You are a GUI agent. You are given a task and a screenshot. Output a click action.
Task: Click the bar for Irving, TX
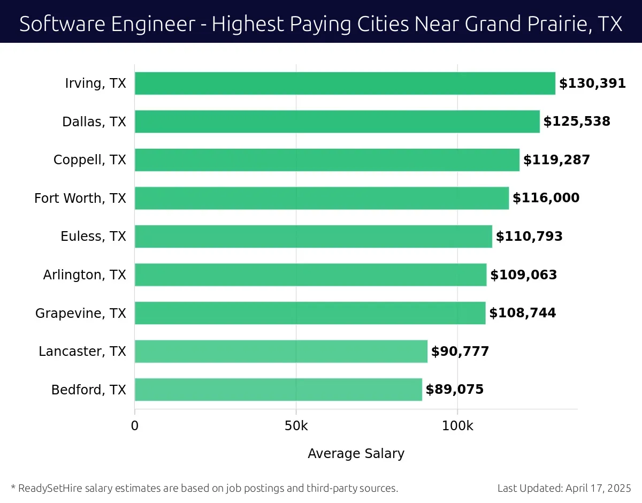[x=345, y=83]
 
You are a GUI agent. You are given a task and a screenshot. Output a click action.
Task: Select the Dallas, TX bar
[x=337, y=121]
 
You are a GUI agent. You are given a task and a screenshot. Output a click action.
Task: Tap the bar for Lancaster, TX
[x=281, y=351]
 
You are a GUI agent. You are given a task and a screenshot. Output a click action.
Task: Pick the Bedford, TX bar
[x=278, y=390]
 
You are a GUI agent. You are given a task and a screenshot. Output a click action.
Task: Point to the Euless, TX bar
[x=313, y=237]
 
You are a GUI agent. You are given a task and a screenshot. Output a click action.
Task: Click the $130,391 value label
[x=592, y=83]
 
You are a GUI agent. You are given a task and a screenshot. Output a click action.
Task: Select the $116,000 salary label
[x=546, y=198]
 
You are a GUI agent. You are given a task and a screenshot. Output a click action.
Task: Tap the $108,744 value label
[x=522, y=313]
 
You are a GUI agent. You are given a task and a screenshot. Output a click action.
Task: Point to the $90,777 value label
[x=460, y=351]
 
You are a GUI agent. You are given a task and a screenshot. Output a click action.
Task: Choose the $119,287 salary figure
[x=556, y=160]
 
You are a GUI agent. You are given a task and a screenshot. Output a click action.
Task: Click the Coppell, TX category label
[x=90, y=160]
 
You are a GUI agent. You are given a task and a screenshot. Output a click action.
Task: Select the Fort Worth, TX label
[x=80, y=198]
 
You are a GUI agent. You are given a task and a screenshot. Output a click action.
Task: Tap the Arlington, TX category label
[x=85, y=275]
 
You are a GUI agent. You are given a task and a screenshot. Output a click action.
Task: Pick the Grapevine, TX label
[x=81, y=313]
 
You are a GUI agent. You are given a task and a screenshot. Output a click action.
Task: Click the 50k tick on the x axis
[x=296, y=426]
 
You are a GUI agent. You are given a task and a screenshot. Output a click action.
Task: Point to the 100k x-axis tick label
[x=457, y=426]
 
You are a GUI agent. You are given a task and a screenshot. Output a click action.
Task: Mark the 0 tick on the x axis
[x=135, y=426]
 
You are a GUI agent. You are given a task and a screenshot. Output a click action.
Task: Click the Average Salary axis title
[x=356, y=454]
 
